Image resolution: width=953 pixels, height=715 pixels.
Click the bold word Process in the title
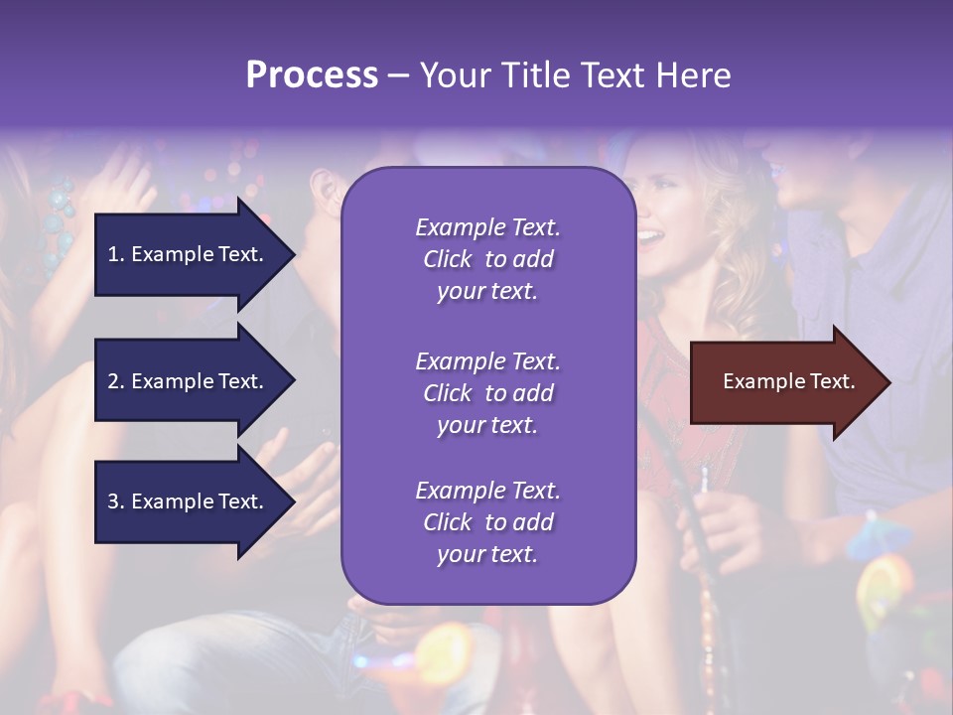tap(312, 75)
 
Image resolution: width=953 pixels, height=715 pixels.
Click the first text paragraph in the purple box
tap(487, 259)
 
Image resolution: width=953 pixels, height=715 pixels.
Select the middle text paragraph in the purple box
tap(487, 393)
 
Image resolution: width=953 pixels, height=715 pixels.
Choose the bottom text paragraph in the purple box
tap(487, 522)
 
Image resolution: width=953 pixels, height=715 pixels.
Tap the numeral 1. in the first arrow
tap(116, 254)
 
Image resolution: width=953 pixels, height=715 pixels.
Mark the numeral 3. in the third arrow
tap(116, 501)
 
